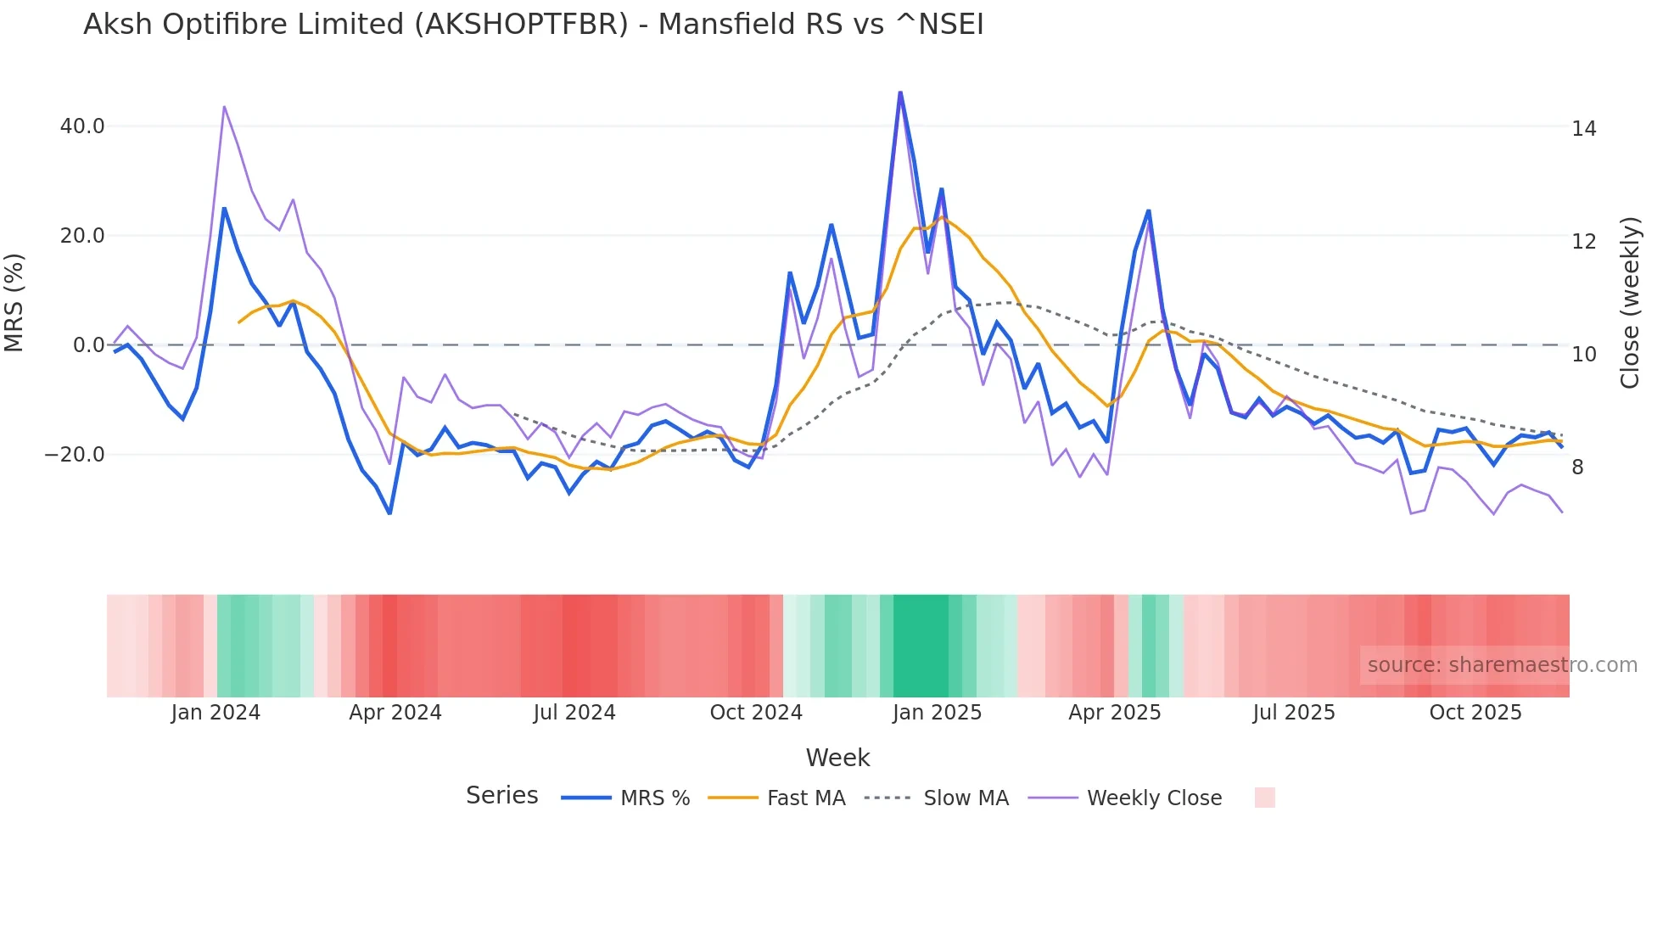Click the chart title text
click(x=533, y=25)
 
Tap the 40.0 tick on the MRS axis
click(x=82, y=126)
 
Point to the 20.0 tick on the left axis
click(x=82, y=236)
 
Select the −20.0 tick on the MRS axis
click(x=75, y=455)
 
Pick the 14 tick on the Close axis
click(x=1583, y=129)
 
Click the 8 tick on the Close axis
click(x=1577, y=467)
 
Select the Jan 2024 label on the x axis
click(x=216, y=713)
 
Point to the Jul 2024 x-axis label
click(x=574, y=713)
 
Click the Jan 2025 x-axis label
click(x=937, y=713)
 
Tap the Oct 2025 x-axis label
click(x=1475, y=713)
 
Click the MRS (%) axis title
click(x=14, y=303)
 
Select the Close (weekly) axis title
click(x=1629, y=303)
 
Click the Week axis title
click(x=837, y=758)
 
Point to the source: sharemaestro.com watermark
click(x=1502, y=665)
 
